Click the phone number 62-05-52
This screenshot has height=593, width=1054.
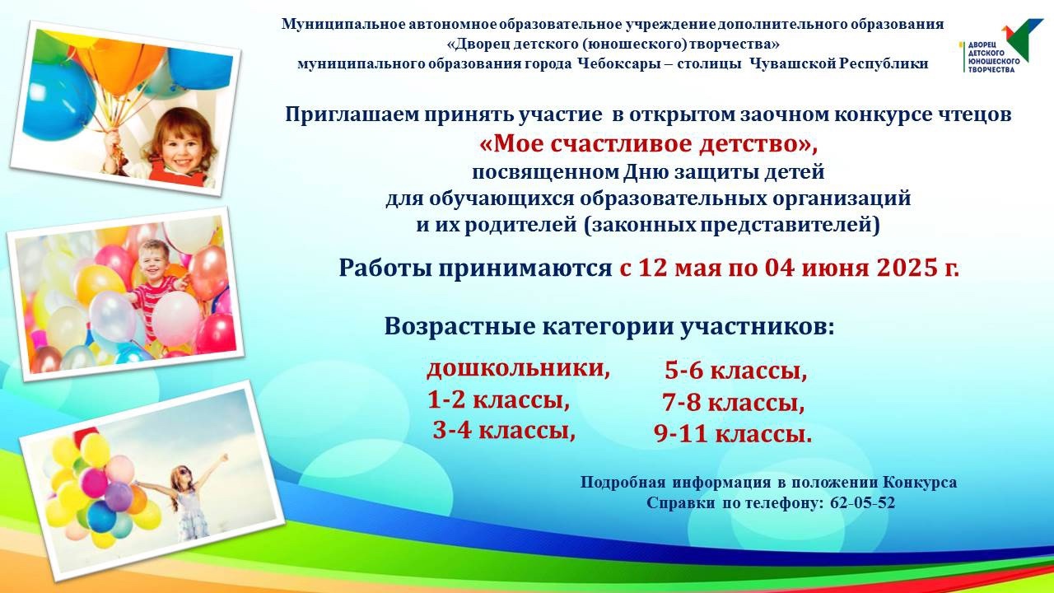862,503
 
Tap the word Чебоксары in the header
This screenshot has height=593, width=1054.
623,63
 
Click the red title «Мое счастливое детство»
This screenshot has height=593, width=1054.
648,143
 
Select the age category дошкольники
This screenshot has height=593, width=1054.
518,369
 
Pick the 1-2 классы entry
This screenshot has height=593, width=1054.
498,400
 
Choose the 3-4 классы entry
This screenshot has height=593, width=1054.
504,430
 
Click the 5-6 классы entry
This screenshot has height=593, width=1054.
736,371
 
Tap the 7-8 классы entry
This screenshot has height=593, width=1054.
734,403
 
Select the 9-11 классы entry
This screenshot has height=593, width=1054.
733,434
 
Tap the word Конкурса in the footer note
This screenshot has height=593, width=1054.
920,483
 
